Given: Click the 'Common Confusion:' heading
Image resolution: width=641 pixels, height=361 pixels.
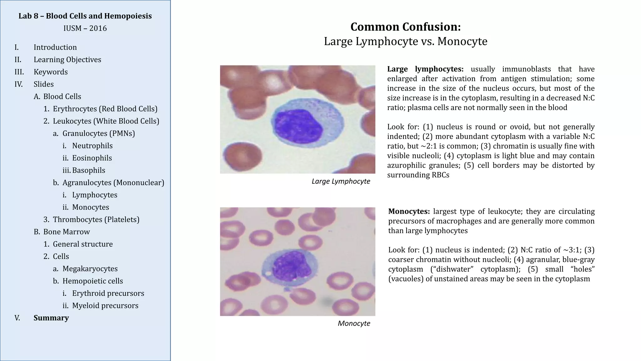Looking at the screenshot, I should tap(405, 27).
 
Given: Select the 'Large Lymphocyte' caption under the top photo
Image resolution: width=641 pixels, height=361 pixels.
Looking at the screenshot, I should tap(341, 181).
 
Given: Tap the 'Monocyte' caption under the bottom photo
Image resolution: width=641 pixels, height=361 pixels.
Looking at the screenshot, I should tap(354, 323).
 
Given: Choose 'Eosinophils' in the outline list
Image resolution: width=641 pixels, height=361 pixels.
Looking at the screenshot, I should tap(92, 158).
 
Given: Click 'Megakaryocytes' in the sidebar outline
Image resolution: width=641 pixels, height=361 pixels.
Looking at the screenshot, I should tap(90, 269).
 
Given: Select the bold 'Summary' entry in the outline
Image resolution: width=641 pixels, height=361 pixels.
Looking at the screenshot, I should tap(51, 318).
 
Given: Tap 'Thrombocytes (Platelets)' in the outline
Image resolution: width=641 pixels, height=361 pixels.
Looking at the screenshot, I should tap(96, 219).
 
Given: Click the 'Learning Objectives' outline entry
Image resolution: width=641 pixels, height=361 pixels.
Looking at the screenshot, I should tap(67, 60).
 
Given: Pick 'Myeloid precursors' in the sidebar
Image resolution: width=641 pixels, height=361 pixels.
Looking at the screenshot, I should tap(105, 306).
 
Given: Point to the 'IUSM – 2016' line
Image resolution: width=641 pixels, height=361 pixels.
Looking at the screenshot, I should tap(85, 28).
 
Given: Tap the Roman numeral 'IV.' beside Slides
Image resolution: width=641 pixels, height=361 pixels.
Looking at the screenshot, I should tap(18, 84).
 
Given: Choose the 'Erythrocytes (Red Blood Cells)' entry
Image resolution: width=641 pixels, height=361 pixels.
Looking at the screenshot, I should tap(105, 109).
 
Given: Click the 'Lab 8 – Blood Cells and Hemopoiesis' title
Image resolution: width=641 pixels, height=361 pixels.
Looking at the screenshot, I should tap(85, 16).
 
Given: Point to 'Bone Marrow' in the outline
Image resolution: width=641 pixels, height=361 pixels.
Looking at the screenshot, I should tap(66, 232).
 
